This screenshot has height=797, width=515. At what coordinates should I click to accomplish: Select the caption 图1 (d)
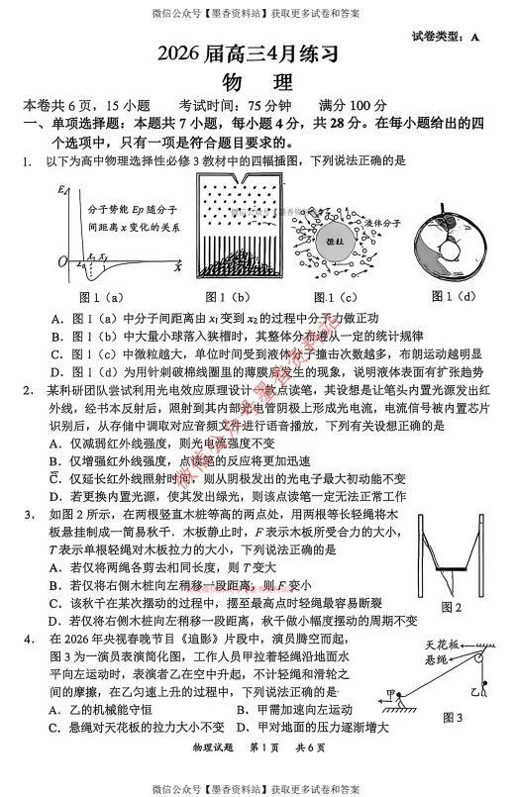coord(452,296)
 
